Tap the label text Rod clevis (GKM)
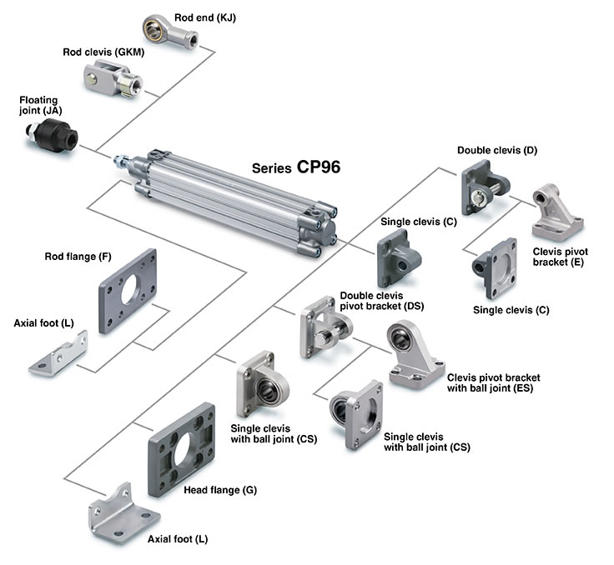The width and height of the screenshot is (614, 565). pos(103,52)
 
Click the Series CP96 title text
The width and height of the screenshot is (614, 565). pos(295,166)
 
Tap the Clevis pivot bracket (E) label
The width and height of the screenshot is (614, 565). pos(559,256)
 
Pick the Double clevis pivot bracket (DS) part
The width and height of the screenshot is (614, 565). pos(322,331)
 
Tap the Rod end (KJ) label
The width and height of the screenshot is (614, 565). pos(204,17)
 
